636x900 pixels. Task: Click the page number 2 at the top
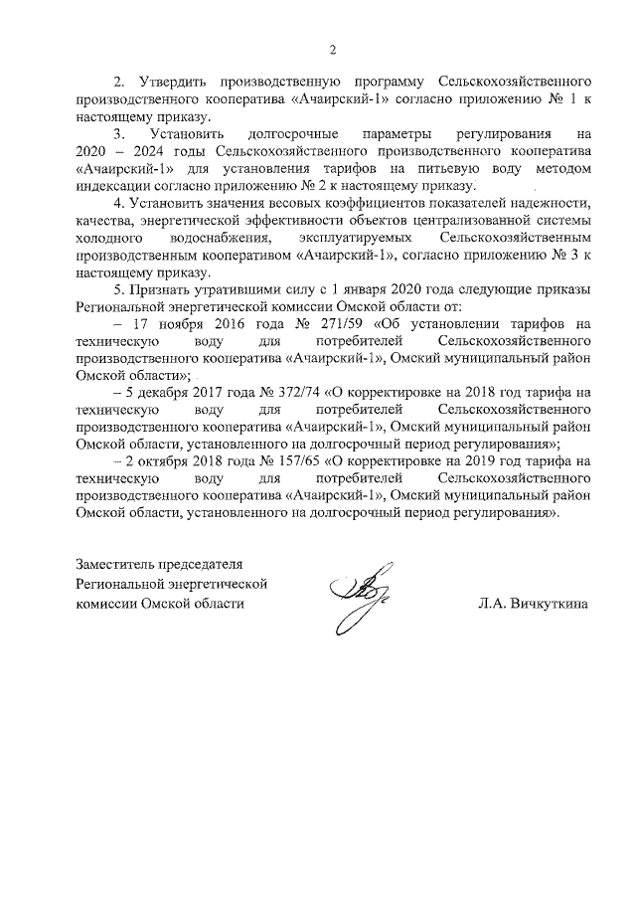(334, 50)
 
